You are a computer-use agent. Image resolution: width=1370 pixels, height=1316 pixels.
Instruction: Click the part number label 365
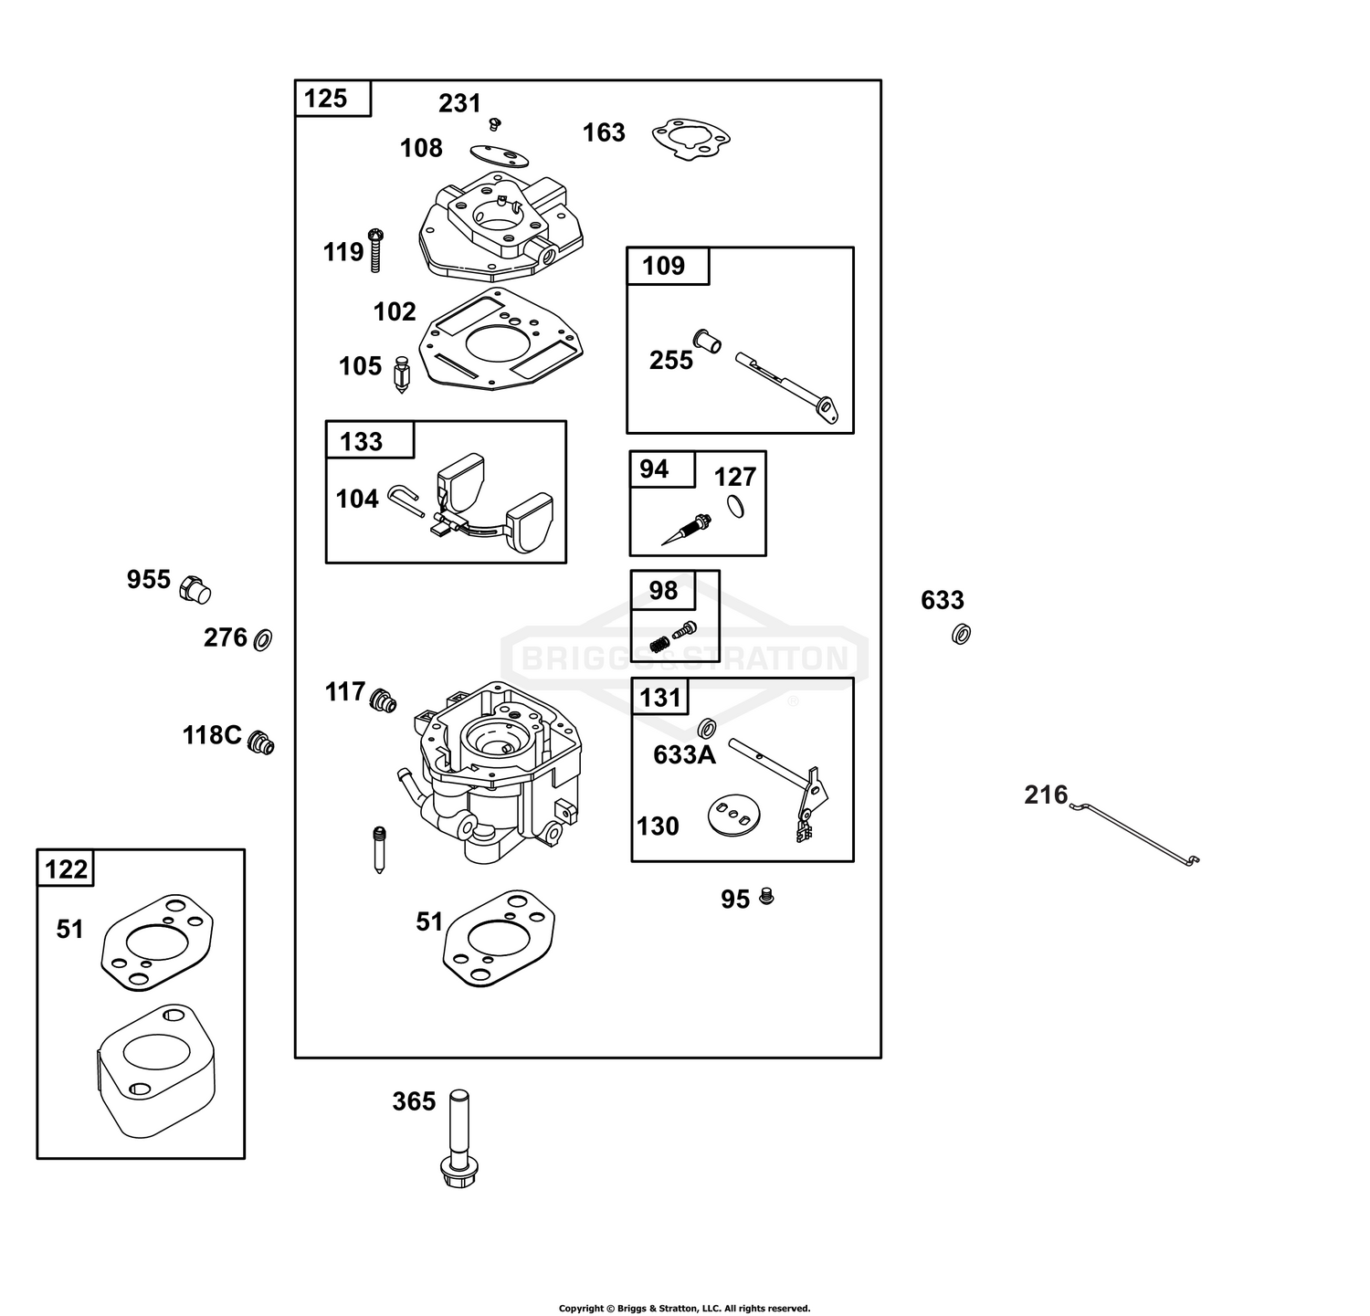pyautogui.click(x=414, y=1102)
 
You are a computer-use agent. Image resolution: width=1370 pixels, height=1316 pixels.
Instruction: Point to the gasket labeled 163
pyautogui.click(x=690, y=140)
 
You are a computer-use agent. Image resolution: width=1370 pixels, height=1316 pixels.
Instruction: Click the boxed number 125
pyautogui.click(x=326, y=98)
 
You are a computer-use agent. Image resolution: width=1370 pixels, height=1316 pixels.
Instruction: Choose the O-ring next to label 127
pyautogui.click(x=736, y=505)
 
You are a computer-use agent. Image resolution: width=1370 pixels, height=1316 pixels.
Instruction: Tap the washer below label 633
pyautogui.click(x=960, y=633)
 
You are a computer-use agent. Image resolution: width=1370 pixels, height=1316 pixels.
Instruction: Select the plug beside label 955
pyautogui.click(x=195, y=589)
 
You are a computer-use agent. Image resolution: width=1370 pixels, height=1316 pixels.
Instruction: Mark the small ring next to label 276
pyautogui.click(x=262, y=639)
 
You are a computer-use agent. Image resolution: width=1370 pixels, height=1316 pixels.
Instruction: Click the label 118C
pyautogui.click(x=212, y=735)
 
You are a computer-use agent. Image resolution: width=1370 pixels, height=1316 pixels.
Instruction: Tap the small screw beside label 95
pyautogui.click(x=767, y=897)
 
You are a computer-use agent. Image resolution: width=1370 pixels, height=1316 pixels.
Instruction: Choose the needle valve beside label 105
pyautogui.click(x=400, y=374)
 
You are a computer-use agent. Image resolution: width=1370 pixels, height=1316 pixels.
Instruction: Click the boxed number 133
pyautogui.click(x=361, y=442)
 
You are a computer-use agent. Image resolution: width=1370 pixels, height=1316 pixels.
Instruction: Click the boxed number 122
pyautogui.click(x=66, y=869)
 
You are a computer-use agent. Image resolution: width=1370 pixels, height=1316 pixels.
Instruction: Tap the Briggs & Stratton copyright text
pyautogui.click(x=685, y=1309)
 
